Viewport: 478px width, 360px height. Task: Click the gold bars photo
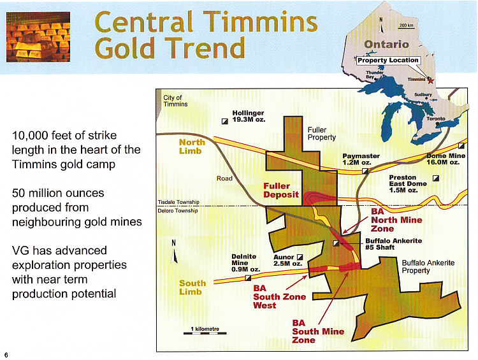click(x=38, y=37)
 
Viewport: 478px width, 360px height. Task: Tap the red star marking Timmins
click(x=430, y=80)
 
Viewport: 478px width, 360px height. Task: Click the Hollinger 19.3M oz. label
click(x=249, y=116)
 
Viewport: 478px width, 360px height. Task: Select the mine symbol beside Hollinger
click(x=225, y=121)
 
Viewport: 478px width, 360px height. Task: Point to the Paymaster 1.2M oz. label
click(x=361, y=159)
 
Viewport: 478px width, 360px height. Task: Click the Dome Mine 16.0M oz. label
click(x=445, y=159)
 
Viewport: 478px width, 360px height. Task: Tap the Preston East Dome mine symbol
click(x=436, y=178)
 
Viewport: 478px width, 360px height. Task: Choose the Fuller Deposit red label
click(x=281, y=191)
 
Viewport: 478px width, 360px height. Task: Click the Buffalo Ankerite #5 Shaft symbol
click(x=336, y=243)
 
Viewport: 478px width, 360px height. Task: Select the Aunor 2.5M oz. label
click(x=287, y=261)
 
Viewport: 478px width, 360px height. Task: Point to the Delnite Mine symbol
click(x=248, y=278)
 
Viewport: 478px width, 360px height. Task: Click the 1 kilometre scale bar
click(x=205, y=333)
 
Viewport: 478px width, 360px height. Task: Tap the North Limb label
click(x=192, y=147)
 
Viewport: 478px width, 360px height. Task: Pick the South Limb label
click(x=192, y=287)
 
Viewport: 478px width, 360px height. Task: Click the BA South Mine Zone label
click(x=318, y=331)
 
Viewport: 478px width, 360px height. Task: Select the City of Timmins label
click(x=175, y=101)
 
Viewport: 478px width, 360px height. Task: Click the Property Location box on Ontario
click(x=388, y=61)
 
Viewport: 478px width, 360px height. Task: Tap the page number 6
click(x=6, y=355)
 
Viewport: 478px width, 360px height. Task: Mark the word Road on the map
click(x=224, y=178)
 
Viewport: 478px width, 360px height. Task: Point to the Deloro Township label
click(x=178, y=211)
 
